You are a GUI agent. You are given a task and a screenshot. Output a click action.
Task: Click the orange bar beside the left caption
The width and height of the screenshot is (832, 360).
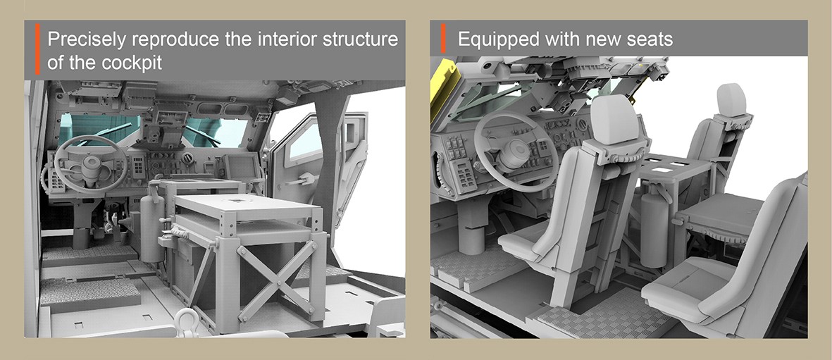pyautogui.click(x=37, y=49)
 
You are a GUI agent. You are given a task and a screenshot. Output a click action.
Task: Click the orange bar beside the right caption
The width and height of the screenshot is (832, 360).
pyautogui.click(x=443, y=38)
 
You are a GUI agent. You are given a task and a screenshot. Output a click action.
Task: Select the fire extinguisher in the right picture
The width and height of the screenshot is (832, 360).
pyautogui.click(x=654, y=228)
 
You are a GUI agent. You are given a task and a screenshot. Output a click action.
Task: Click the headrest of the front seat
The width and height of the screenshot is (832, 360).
pyautogui.click(x=614, y=120)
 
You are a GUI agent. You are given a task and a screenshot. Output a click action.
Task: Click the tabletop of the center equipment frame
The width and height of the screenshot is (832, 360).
pyautogui.click(x=246, y=206)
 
